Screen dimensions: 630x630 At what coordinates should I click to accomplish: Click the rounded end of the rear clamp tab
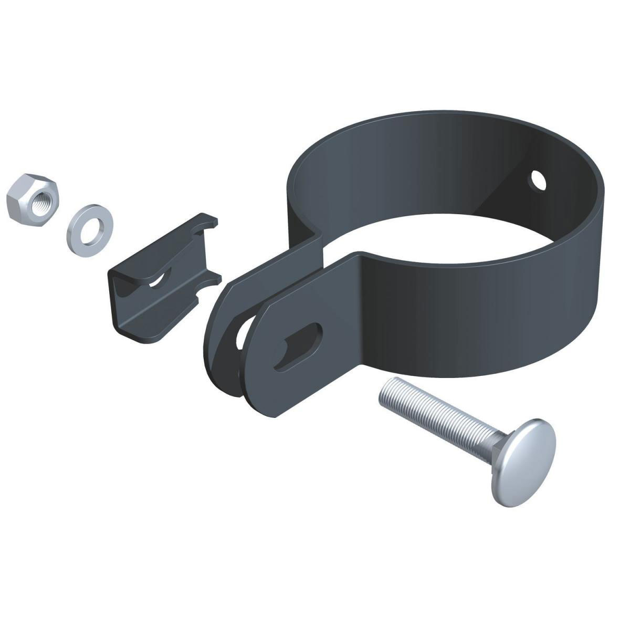click(x=215, y=336)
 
